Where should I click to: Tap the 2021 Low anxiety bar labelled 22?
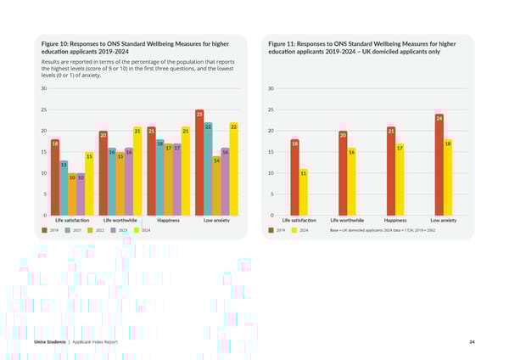[208, 170]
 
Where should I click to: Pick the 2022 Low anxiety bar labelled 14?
[216, 187]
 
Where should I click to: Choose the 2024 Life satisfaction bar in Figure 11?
[303, 193]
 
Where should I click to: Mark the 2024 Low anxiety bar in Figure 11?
[447, 178]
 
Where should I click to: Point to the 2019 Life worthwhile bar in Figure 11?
[343, 174]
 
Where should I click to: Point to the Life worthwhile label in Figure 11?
[348, 221]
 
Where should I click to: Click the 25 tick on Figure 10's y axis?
[43, 110]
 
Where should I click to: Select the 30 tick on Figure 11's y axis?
[269, 88]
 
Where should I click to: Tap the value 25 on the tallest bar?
[199, 114]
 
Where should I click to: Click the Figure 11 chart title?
[361, 48]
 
